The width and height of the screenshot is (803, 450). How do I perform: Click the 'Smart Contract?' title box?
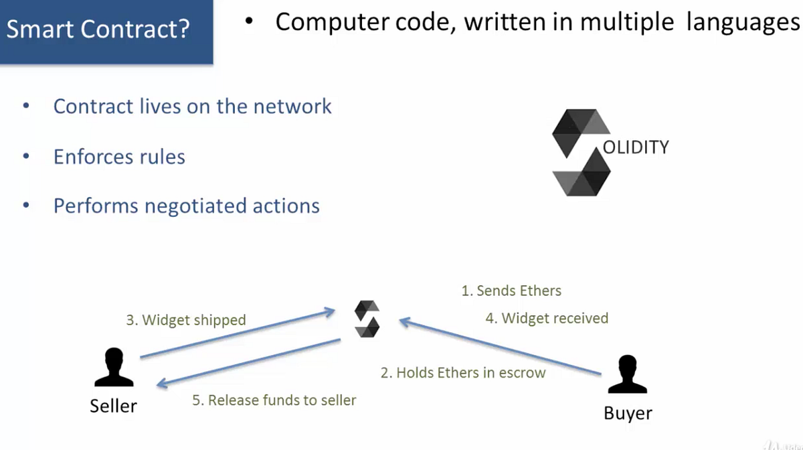(106, 31)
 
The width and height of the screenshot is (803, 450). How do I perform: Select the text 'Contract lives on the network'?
(192, 106)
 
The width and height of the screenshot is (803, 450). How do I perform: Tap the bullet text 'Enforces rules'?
(119, 157)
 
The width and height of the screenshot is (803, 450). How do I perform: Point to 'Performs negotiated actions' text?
(186, 206)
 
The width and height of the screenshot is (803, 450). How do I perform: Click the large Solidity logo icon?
(581, 152)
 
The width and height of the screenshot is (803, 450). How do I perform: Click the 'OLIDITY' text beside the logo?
(636, 147)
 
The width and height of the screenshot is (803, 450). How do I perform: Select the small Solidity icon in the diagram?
(367, 319)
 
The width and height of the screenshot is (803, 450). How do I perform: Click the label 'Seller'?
(113, 406)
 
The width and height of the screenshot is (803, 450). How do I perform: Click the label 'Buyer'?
(628, 413)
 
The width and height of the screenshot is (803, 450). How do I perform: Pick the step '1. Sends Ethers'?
(511, 291)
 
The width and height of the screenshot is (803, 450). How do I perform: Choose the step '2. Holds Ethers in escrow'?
(463, 373)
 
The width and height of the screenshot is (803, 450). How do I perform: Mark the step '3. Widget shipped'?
(186, 320)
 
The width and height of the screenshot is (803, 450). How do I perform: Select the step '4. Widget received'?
(547, 318)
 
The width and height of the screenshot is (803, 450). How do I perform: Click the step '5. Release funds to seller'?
(274, 400)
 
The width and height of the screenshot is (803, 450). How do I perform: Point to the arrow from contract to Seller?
(248, 362)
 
